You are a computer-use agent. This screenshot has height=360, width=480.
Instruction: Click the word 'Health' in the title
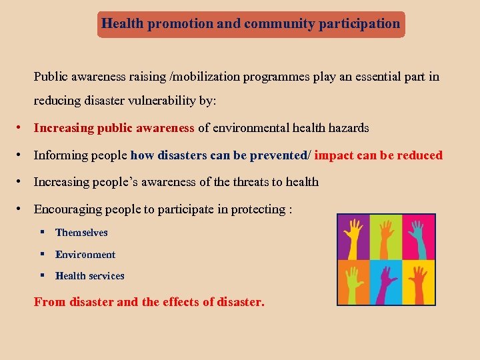(123, 24)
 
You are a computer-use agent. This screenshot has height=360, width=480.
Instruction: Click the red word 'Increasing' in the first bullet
(63, 128)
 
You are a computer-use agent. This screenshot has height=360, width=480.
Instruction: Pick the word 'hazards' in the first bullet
(349, 128)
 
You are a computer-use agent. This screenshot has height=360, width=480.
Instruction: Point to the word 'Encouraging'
(69, 209)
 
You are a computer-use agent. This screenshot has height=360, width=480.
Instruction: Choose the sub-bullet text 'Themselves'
(81, 233)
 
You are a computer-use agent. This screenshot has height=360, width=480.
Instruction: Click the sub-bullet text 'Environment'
(85, 255)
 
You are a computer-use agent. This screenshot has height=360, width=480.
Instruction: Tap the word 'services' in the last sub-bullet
(107, 276)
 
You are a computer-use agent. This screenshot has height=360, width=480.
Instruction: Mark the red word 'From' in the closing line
(49, 302)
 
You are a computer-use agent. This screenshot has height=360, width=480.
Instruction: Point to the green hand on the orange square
(353, 281)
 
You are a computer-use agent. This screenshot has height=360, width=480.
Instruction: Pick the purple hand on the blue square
(385, 281)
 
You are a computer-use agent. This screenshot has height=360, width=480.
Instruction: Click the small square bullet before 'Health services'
(41, 276)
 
